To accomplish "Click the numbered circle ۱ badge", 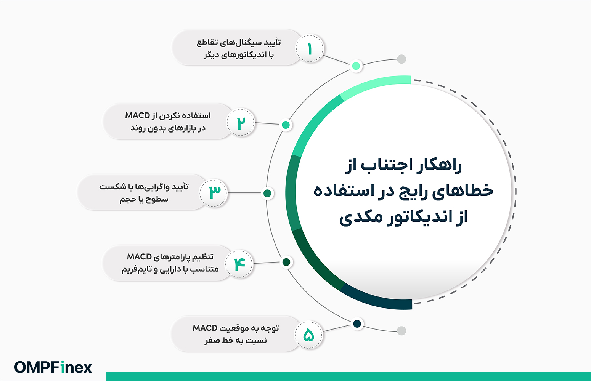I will click(310, 49).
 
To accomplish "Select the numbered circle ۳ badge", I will click(214, 193).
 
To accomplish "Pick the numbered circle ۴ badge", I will click(239, 264).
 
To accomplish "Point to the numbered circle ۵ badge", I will click(308, 335).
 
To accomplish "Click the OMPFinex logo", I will click(53, 367).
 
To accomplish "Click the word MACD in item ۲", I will click(137, 115).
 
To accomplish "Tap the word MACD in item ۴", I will click(139, 257).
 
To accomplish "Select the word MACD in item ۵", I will click(205, 328).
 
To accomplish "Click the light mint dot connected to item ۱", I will click(356, 66).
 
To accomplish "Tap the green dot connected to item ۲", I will click(286, 125).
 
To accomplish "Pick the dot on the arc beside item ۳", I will click(267, 193).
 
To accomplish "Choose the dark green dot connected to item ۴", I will click(286, 262).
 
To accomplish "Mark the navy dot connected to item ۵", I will click(357, 324).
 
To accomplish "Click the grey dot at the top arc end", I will click(401, 59).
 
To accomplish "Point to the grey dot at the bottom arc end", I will click(401, 331).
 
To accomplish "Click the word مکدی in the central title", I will click(361, 218).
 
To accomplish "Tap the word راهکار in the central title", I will click(441, 166).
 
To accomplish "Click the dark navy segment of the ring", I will click(377, 299).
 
